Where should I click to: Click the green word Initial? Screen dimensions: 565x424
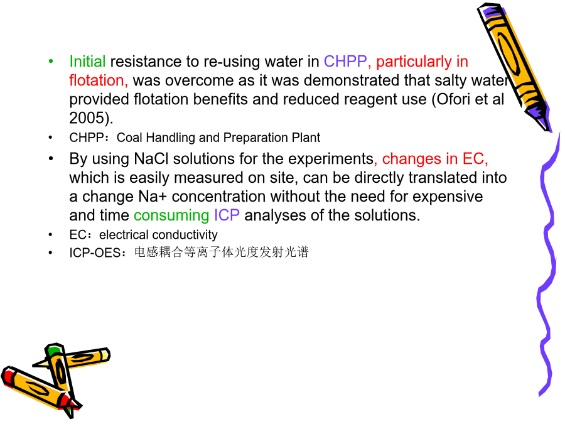click(87, 62)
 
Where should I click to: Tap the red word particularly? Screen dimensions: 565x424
click(414, 62)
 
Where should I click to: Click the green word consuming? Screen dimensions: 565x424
click(171, 216)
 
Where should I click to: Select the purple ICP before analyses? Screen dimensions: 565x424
click(227, 215)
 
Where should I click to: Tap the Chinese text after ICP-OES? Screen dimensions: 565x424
click(222, 252)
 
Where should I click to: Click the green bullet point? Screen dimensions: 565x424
click(51, 62)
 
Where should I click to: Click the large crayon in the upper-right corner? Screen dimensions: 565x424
click(515, 67)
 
